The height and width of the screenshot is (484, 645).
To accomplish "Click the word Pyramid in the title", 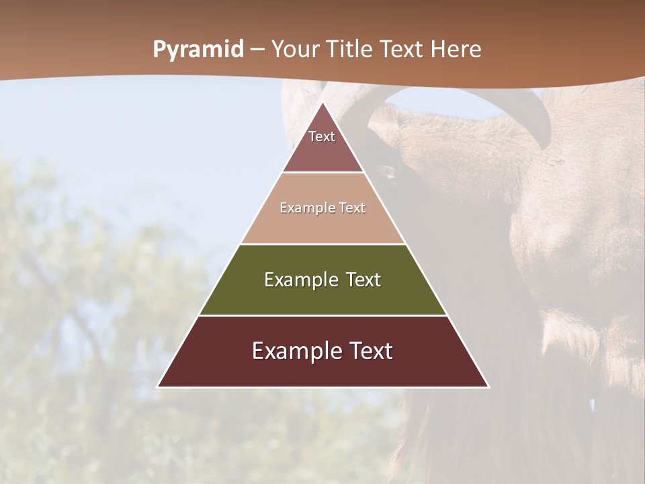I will pos(198,50).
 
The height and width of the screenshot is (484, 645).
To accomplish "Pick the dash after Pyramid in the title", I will pos(257,50).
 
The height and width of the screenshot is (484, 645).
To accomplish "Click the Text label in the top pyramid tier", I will pos(322,136).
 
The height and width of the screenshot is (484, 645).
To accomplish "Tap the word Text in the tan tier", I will pos(353,208).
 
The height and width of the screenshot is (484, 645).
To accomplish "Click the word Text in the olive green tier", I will pos(363,280).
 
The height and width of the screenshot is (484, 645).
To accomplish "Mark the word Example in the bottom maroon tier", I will pos(293,351).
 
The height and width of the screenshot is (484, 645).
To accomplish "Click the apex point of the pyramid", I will pos(322,102).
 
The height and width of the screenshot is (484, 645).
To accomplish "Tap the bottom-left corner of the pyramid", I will pos(158,387).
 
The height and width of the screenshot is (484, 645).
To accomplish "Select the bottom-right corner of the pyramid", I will pos(488,387).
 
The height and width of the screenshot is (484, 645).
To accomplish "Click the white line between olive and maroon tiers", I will pos(322,315).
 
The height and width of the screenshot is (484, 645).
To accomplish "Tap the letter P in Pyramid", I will pos(159,49).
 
